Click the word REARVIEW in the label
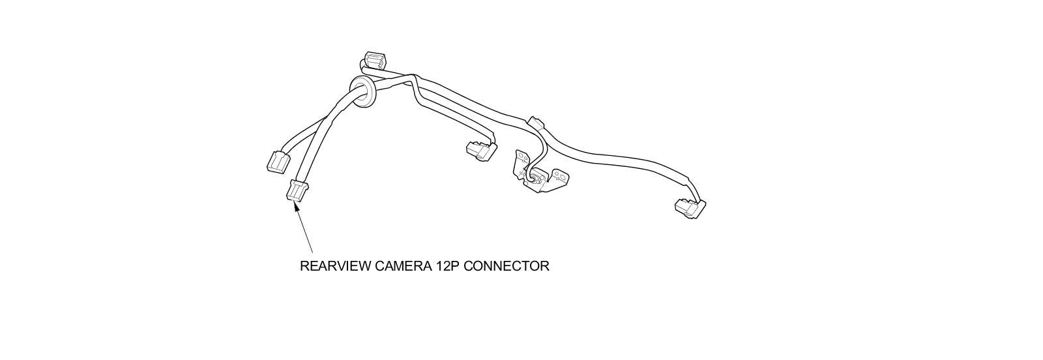[x=335, y=266]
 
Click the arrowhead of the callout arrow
[x=297, y=205]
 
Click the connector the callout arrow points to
[x=297, y=192]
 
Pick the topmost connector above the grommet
[x=375, y=61]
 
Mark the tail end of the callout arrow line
[x=312, y=252]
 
